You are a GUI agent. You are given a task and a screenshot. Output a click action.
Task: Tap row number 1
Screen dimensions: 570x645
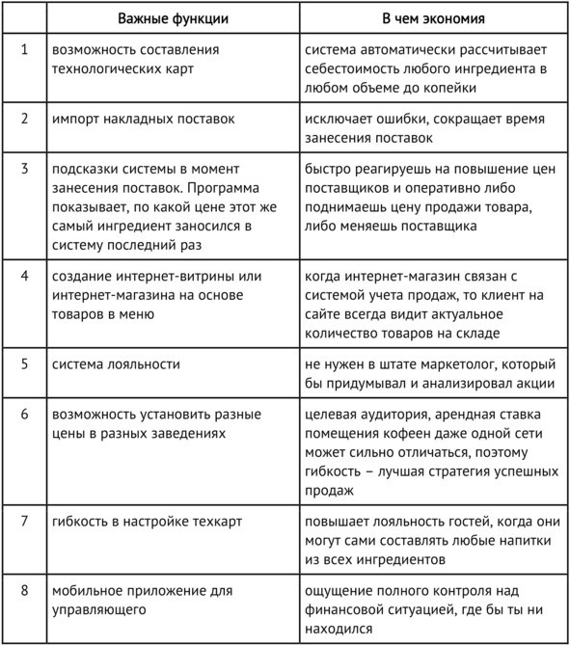click(25, 49)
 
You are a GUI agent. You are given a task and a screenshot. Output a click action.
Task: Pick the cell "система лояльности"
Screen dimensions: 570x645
click(116, 364)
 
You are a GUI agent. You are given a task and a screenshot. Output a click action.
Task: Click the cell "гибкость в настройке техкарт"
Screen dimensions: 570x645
click(147, 522)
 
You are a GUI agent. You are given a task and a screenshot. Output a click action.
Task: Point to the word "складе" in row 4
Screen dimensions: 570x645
click(475, 334)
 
